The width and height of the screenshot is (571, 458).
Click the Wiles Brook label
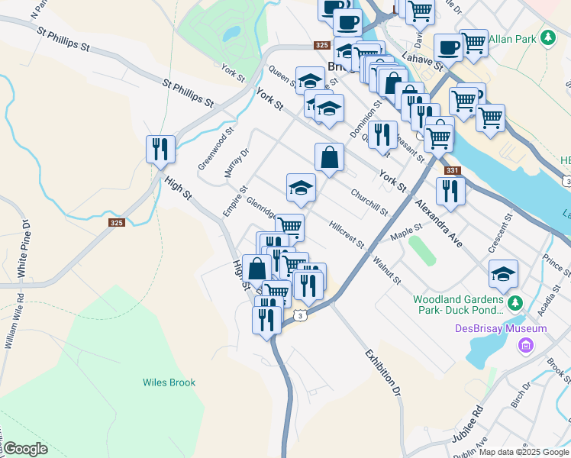coord(169,382)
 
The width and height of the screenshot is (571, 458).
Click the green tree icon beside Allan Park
coord(547,37)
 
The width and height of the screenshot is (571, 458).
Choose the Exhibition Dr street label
coord(382,373)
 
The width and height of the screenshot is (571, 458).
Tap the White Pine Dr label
coord(23,250)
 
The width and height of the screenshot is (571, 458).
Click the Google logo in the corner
coord(24,449)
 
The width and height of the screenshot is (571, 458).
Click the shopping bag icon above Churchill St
coord(329,157)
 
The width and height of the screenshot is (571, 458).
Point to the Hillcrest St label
coord(347,234)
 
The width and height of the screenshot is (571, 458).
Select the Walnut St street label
coord(386,269)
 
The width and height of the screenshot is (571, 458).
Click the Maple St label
coord(406,231)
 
